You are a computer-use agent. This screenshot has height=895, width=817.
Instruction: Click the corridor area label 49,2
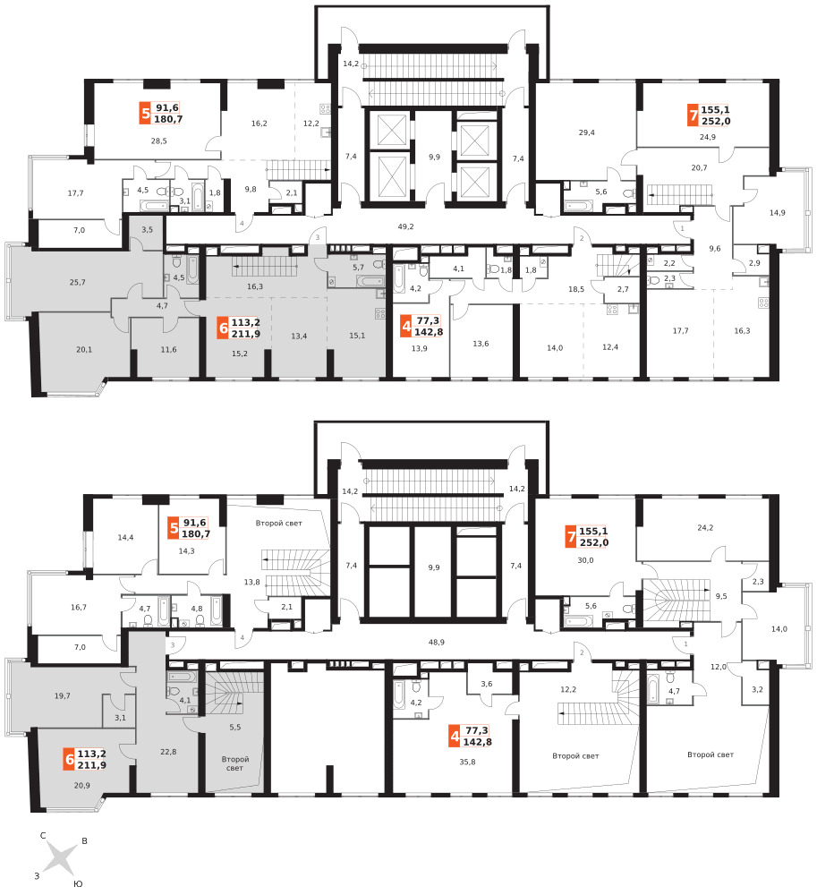click(405, 226)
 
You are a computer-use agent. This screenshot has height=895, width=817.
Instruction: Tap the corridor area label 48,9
click(437, 642)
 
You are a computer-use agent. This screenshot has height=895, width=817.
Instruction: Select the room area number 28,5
click(158, 141)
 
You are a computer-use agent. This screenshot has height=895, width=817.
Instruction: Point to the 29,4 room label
click(586, 132)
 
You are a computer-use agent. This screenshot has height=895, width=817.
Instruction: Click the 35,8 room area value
click(467, 762)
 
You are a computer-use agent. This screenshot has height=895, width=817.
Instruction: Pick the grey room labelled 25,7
click(77, 282)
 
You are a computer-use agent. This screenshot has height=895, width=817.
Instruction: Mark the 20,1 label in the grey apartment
click(84, 349)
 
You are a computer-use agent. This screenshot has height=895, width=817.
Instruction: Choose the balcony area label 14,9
click(777, 213)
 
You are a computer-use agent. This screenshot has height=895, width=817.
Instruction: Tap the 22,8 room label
click(168, 752)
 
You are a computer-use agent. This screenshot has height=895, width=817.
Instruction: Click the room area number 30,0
click(585, 560)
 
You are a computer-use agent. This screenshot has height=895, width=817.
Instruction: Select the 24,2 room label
click(705, 528)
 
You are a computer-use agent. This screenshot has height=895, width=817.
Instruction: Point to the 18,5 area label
click(576, 289)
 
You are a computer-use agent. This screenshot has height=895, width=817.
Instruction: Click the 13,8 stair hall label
click(251, 583)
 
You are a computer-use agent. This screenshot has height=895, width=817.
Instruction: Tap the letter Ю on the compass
click(79, 883)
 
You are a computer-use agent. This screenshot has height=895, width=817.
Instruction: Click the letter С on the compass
click(43, 836)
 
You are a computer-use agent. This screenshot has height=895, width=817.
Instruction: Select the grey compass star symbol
click(60, 859)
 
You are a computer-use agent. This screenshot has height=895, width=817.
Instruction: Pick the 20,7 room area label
click(699, 168)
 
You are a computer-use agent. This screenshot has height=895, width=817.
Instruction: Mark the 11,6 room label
click(168, 349)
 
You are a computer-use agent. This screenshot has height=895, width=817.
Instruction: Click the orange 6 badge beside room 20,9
click(69, 760)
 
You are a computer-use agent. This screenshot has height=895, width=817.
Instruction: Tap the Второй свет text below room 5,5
click(235, 763)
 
